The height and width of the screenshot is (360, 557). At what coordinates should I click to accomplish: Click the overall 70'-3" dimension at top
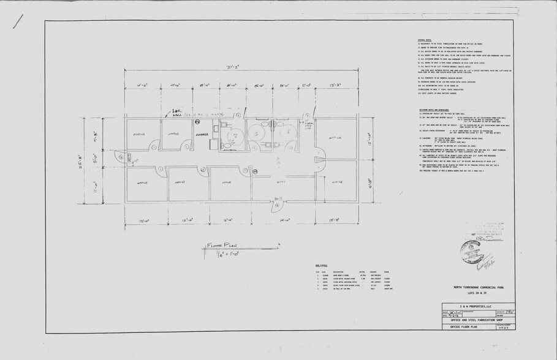pyautogui.click(x=231, y=66)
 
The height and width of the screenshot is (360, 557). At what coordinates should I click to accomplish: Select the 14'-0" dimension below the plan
pyautogui.click(x=283, y=219)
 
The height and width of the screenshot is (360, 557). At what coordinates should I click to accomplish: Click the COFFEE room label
pyautogui.click(x=202, y=133)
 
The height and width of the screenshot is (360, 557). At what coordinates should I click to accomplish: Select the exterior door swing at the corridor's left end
pyautogui.click(x=122, y=157)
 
